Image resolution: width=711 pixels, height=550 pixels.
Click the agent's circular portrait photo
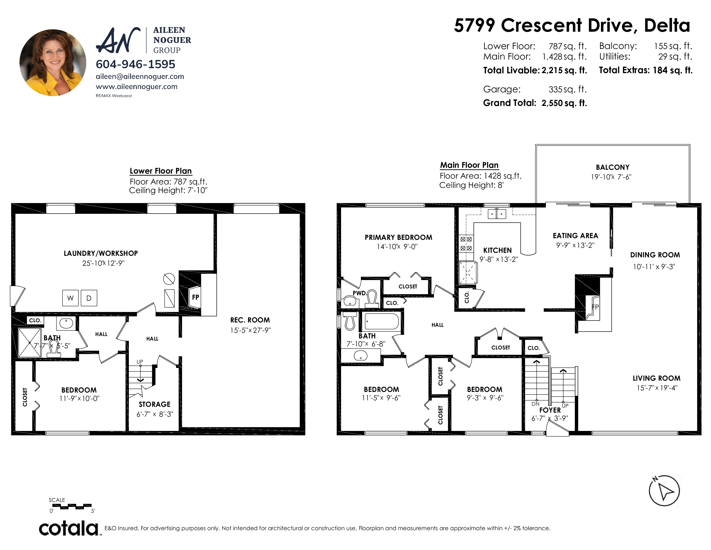pos(53,63)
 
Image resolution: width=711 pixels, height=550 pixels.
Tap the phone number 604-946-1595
pos(136,64)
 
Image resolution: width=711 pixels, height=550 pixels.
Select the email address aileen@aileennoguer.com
pos(140,77)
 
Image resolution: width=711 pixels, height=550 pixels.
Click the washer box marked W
pos(70,298)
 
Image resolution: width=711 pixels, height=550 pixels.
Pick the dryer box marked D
pos(89,298)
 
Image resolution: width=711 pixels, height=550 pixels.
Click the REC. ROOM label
pos(250,320)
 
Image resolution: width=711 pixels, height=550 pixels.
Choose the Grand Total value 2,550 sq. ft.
pos(564,103)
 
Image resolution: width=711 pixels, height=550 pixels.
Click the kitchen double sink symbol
pos(497,214)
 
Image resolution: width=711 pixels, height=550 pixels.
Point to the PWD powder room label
pos(359,293)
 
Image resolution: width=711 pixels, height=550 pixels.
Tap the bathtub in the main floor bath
pos(381,321)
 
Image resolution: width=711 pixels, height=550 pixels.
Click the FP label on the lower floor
pos(195,297)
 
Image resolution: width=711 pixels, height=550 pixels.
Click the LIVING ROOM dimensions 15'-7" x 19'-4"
pos(657,388)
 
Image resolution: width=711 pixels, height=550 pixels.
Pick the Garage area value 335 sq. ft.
pos(568,89)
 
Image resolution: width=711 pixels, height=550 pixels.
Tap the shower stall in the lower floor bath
pos(30,343)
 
